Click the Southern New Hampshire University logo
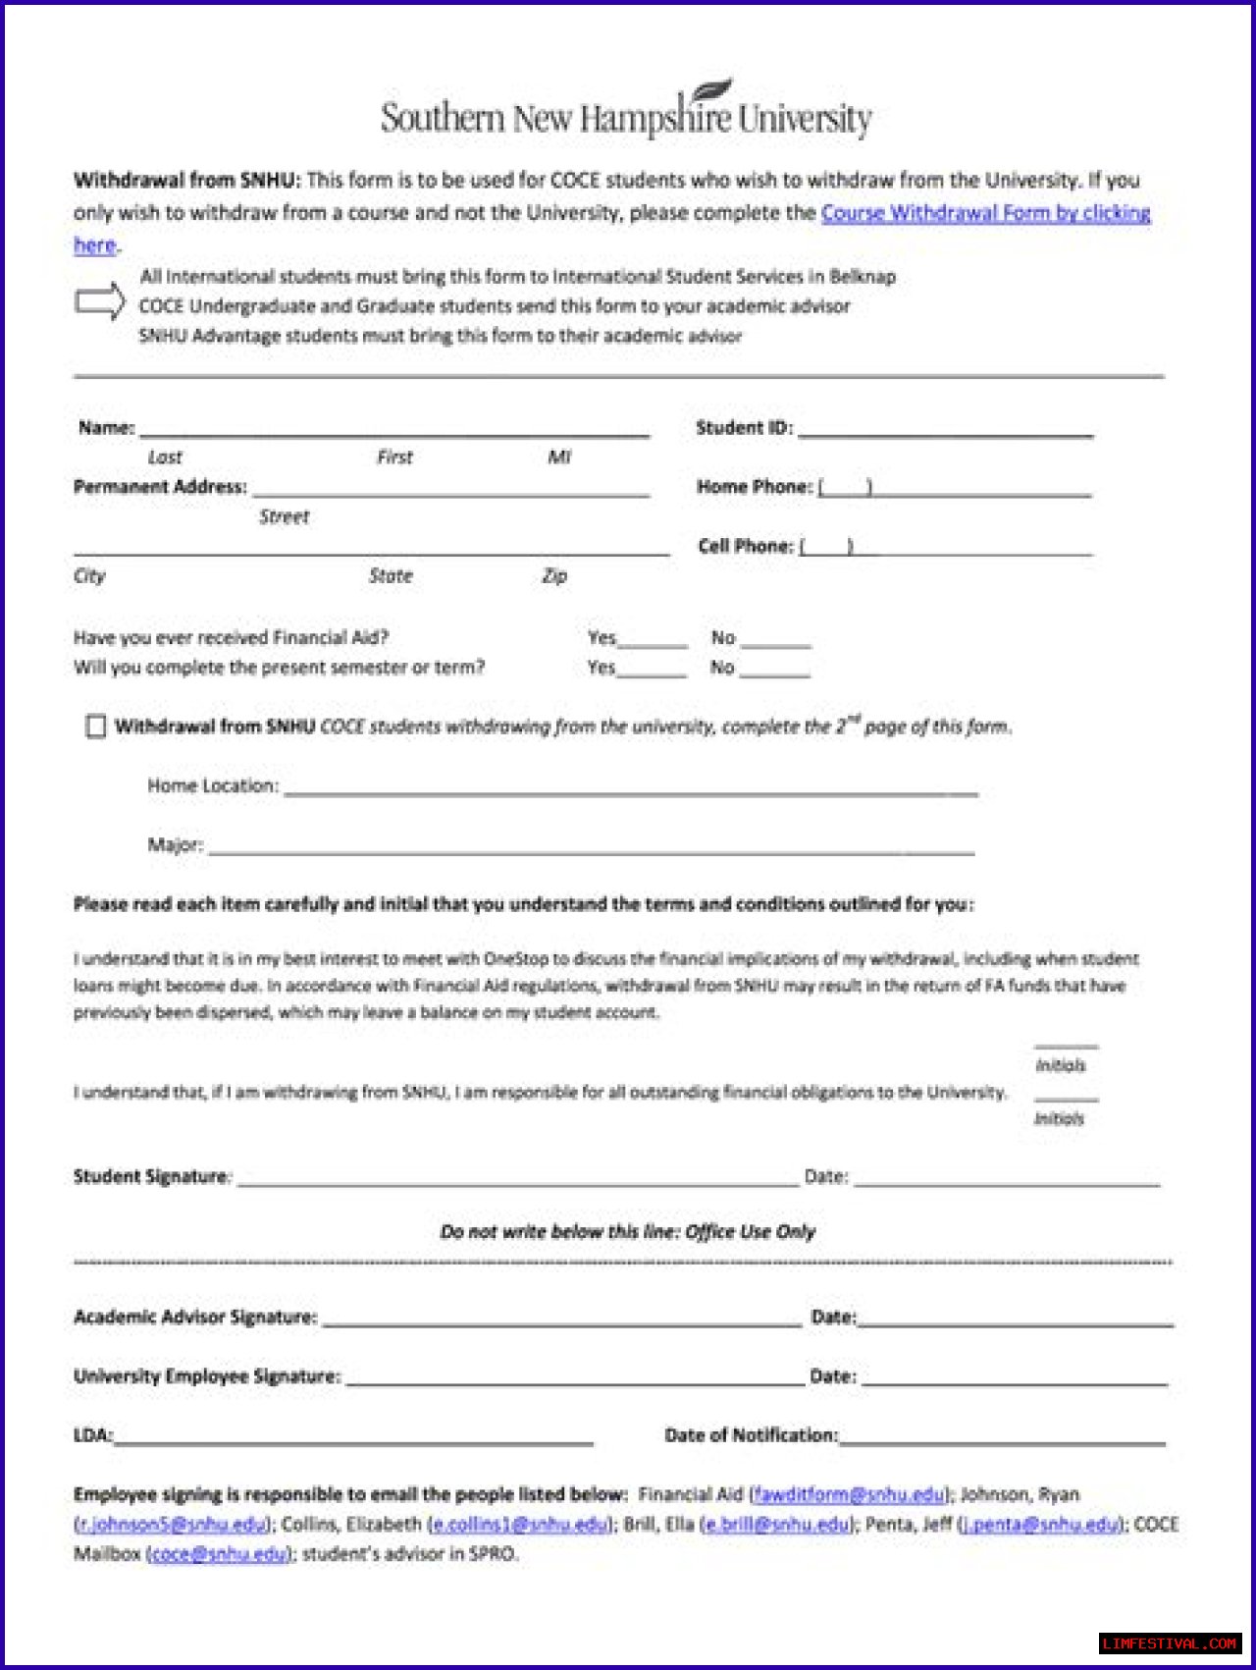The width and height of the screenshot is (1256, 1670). point(626,114)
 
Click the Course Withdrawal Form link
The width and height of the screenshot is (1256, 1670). point(985,213)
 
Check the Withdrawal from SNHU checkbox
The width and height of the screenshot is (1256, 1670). point(96,727)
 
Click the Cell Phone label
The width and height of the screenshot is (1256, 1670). point(746,546)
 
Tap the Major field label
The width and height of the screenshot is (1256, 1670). point(175,845)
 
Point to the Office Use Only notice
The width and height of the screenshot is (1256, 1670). point(628,1232)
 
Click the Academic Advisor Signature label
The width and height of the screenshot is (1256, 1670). point(195,1318)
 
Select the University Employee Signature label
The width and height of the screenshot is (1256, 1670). point(207,1376)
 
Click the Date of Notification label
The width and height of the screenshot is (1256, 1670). point(751,1435)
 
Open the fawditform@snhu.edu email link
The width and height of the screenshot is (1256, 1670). point(850,1495)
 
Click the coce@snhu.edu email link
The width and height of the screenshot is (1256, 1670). point(220,1554)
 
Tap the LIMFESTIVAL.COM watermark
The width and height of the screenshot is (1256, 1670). point(1169,1643)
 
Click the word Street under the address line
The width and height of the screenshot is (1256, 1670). point(284,517)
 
